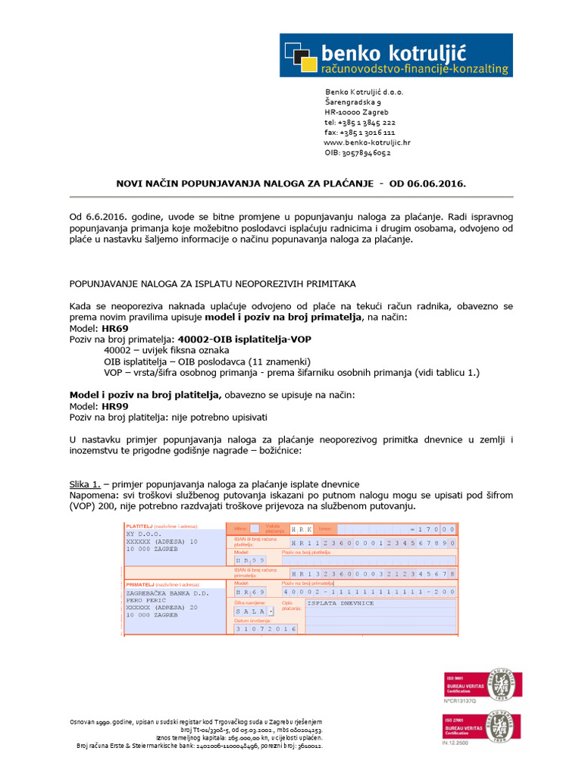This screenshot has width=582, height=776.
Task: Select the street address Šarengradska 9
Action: [x=353, y=102]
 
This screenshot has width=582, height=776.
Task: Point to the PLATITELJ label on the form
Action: [x=139, y=525]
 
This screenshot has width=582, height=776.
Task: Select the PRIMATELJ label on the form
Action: [x=140, y=584]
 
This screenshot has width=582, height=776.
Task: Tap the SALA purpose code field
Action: [x=252, y=611]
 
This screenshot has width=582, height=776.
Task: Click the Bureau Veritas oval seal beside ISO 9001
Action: [x=499, y=685]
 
